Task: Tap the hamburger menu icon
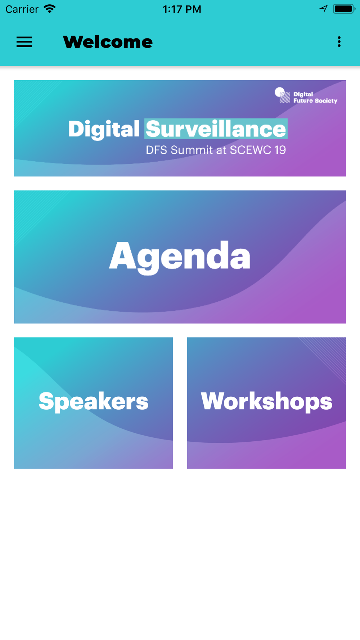pos(24,42)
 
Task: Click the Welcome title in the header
pos(108,42)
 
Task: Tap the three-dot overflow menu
pos(339,42)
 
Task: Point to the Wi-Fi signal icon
pos(50,9)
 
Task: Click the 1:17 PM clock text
pos(182,9)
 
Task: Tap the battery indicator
pos(344,9)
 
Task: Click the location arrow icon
pos(324,9)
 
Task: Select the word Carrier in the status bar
pos(22,9)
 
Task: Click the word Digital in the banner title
pos(104,129)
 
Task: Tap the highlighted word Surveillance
pos(216,129)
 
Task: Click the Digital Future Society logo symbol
pos(282,95)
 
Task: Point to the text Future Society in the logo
pos(315,101)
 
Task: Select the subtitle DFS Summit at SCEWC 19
pos(216,150)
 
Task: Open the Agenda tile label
pos(180,257)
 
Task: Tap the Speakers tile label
pos(93,401)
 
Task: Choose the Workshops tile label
pos(266,401)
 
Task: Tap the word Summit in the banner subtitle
pos(192,150)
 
